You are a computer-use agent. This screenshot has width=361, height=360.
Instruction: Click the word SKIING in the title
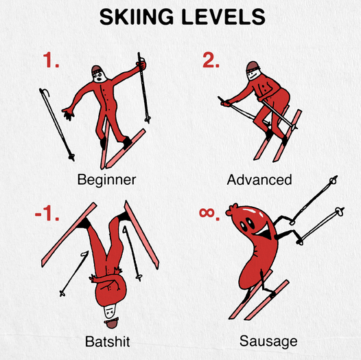pos(137,16)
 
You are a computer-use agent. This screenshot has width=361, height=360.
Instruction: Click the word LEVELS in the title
pos(224,16)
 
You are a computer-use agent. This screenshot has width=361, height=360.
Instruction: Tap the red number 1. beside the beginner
pos(51,60)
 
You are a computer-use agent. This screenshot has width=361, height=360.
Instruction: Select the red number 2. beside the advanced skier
pos(211,60)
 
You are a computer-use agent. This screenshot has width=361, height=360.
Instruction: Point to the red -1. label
pos(47,213)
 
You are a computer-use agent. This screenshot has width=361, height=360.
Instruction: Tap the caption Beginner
pos(106,180)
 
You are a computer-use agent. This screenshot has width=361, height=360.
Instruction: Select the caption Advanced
pos(259,180)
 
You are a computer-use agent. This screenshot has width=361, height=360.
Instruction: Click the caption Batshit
pos(108,341)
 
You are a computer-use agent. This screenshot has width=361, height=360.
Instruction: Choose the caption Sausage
pos(268,341)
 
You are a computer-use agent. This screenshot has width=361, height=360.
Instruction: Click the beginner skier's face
pos(100,76)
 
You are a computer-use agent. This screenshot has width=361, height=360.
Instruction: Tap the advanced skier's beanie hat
pos(253,67)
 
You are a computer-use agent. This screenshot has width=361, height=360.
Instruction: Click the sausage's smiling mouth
pos(264,232)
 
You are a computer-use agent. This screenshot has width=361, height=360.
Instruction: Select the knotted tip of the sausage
pos(231,210)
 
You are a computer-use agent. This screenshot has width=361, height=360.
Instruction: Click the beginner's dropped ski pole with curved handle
pos(56,124)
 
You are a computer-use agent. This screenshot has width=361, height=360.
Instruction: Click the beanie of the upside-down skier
pos(112,323)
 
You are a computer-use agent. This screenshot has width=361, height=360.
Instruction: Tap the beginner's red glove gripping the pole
pos(141,65)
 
